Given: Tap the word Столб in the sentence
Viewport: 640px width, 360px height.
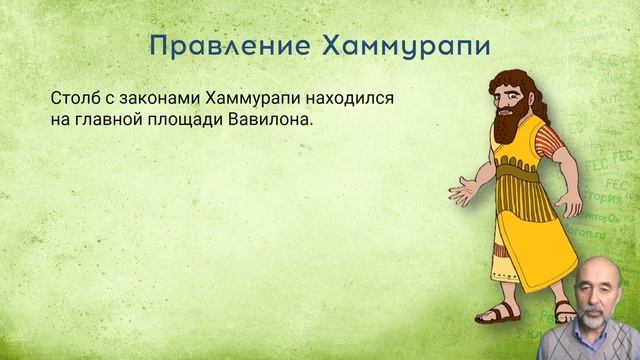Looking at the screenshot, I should (72, 101).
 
